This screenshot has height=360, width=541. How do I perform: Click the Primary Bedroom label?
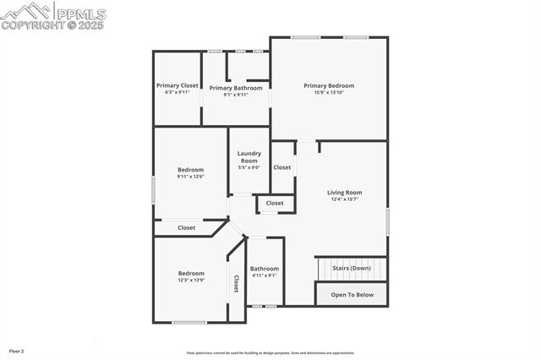[x=329, y=85]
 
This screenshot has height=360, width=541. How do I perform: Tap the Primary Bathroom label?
[x=236, y=88]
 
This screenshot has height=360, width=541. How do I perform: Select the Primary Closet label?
[x=177, y=85]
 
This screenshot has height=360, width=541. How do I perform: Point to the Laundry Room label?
[x=249, y=157]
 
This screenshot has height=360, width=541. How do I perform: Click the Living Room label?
[x=344, y=193]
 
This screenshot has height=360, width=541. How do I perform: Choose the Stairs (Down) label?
[x=351, y=268]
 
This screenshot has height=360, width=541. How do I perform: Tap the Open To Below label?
[x=352, y=295]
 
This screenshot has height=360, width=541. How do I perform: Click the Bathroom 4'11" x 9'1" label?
[x=264, y=269]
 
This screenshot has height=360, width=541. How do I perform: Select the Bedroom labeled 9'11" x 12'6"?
[x=190, y=170]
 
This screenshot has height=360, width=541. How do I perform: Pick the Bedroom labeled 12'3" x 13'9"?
[x=191, y=273]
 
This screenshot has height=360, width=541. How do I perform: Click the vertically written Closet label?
[x=236, y=284]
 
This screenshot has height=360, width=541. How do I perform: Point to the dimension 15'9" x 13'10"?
[x=329, y=92]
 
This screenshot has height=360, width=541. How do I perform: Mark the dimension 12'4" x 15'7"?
[x=344, y=199]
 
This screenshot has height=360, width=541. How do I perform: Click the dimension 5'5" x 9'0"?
[x=249, y=167]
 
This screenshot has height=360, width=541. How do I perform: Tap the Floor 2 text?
[x=17, y=350]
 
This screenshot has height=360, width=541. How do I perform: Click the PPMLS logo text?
[x=80, y=12]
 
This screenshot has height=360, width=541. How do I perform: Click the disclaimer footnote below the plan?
[x=270, y=353]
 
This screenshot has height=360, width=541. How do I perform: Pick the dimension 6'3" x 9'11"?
[x=177, y=92]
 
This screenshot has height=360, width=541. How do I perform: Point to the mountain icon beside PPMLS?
[x=25, y=11]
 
